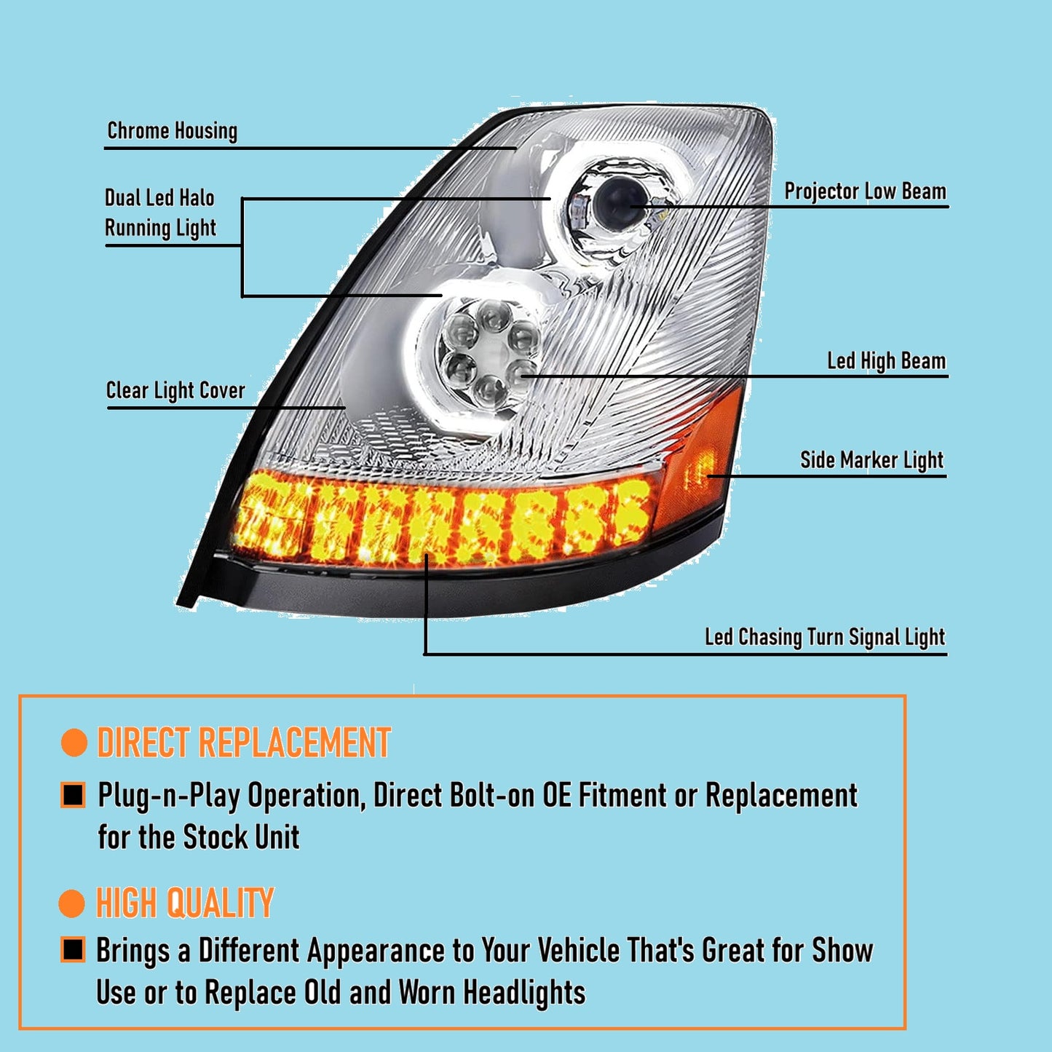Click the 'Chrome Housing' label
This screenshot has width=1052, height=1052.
(x=173, y=131)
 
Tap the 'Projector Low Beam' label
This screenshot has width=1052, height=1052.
(x=865, y=191)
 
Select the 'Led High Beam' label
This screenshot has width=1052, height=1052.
(x=886, y=361)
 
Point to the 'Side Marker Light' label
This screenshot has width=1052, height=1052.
(x=871, y=460)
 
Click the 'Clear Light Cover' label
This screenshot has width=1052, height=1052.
(x=175, y=391)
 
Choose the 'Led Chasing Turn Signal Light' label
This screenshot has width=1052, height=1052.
(x=824, y=637)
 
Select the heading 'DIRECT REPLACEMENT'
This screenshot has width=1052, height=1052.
(x=244, y=743)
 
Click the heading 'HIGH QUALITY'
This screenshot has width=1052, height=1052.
(x=185, y=903)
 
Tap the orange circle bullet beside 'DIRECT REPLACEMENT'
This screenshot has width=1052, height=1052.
(x=74, y=743)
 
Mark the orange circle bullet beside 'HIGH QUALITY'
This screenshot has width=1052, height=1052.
(x=71, y=903)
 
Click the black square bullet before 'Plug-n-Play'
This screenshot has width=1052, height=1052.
(x=73, y=795)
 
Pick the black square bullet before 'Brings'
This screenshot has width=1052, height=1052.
(x=73, y=950)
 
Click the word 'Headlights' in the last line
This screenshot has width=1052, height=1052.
(x=524, y=993)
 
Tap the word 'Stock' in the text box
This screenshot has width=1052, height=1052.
(x=215, y=837)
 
